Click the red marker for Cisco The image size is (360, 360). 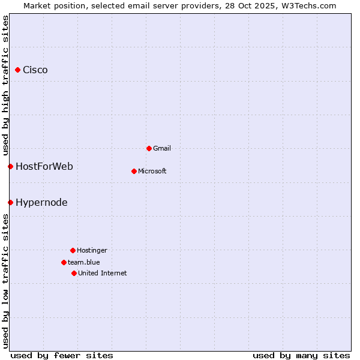tap(18, 70)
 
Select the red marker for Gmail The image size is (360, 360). tap(149, 148)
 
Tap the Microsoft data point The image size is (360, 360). tap(134, 171)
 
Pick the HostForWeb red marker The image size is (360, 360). tap(10, 166)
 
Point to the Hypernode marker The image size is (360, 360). tap(10, 202)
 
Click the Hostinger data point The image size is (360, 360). tap(73, 250)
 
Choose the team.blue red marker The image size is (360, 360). tap(64, 262)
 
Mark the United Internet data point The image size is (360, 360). tap(74, 273)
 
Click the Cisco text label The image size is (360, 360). tap(35, 70)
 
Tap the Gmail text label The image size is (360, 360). tap(162, 148)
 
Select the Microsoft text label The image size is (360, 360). tap(152, 171)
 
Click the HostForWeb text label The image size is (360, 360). tap(44, 166)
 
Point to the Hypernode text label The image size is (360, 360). tap(41, 202)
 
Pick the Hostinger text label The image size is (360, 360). tap(92, 250)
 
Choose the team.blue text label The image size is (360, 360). tap(84, 262)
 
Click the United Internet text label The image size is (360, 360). tap(103, 273)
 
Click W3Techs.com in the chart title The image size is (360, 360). tap(308, 5)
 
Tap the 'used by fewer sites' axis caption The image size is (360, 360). tap(62, 355)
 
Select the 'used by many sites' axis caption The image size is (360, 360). tap(301, 355)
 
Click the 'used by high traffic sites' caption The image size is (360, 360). tap(5, 84)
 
